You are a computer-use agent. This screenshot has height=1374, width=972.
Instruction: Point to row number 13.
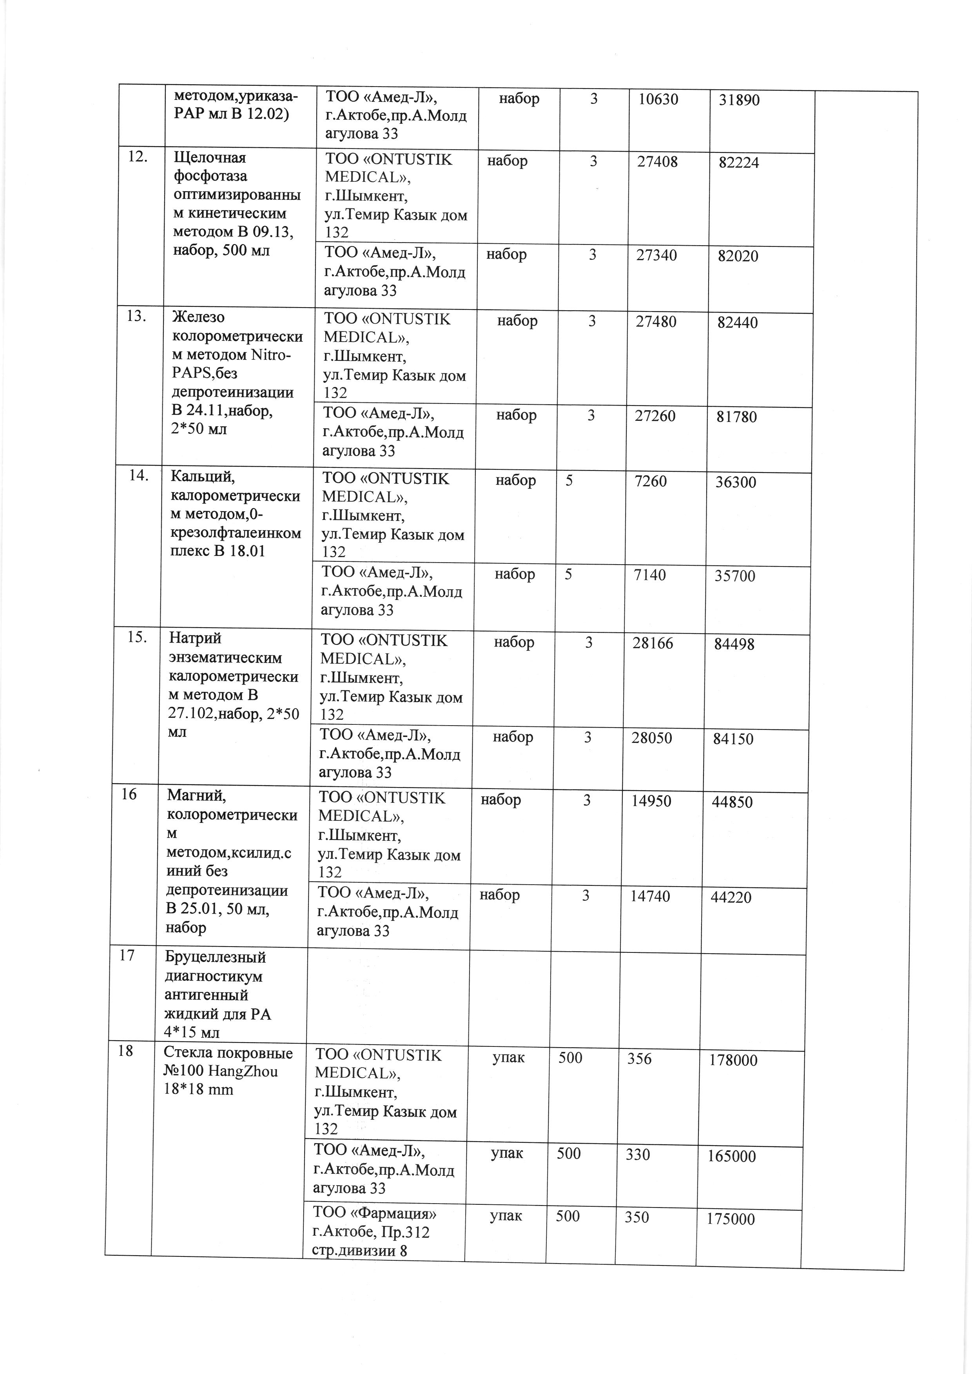137,317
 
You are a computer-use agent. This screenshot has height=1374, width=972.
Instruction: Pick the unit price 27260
655,416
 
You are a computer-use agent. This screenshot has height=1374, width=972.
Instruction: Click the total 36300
736,482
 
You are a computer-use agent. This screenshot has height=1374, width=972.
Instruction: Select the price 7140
650,576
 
